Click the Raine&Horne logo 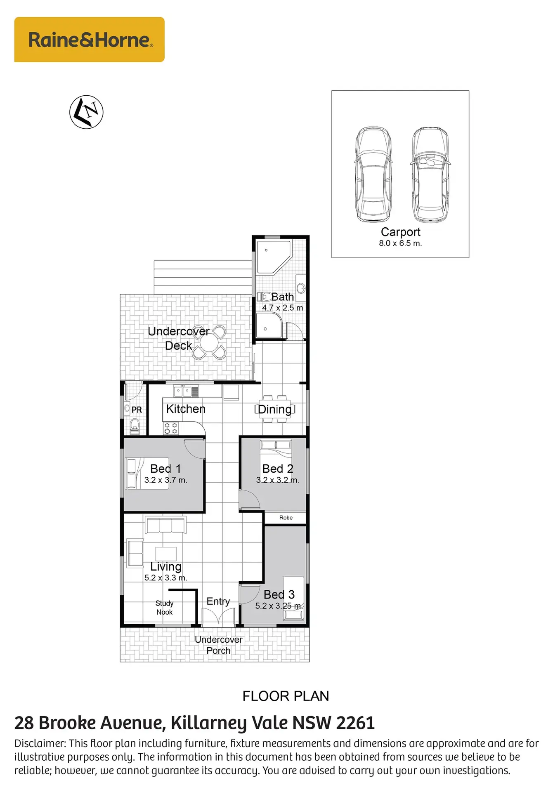[89, 40]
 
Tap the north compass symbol [86, 112]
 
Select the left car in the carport [373, 175]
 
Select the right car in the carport [430, 175]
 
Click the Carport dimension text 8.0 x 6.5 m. [400, 243]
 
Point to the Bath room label [283, 297]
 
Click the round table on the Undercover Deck [210, 342]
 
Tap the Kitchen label [186, 409]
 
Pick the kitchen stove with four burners [171, 428]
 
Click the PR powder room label [137, 410]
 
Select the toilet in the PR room [135, 426]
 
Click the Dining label [274, 409]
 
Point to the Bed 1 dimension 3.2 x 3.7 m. [166, 480]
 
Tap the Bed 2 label [278, 469]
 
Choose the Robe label [286, 518]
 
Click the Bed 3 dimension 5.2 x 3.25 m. [279, 606]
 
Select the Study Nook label [164, 608]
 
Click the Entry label [218, 601]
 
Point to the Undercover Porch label [219, 645]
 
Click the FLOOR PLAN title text [286, 696]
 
